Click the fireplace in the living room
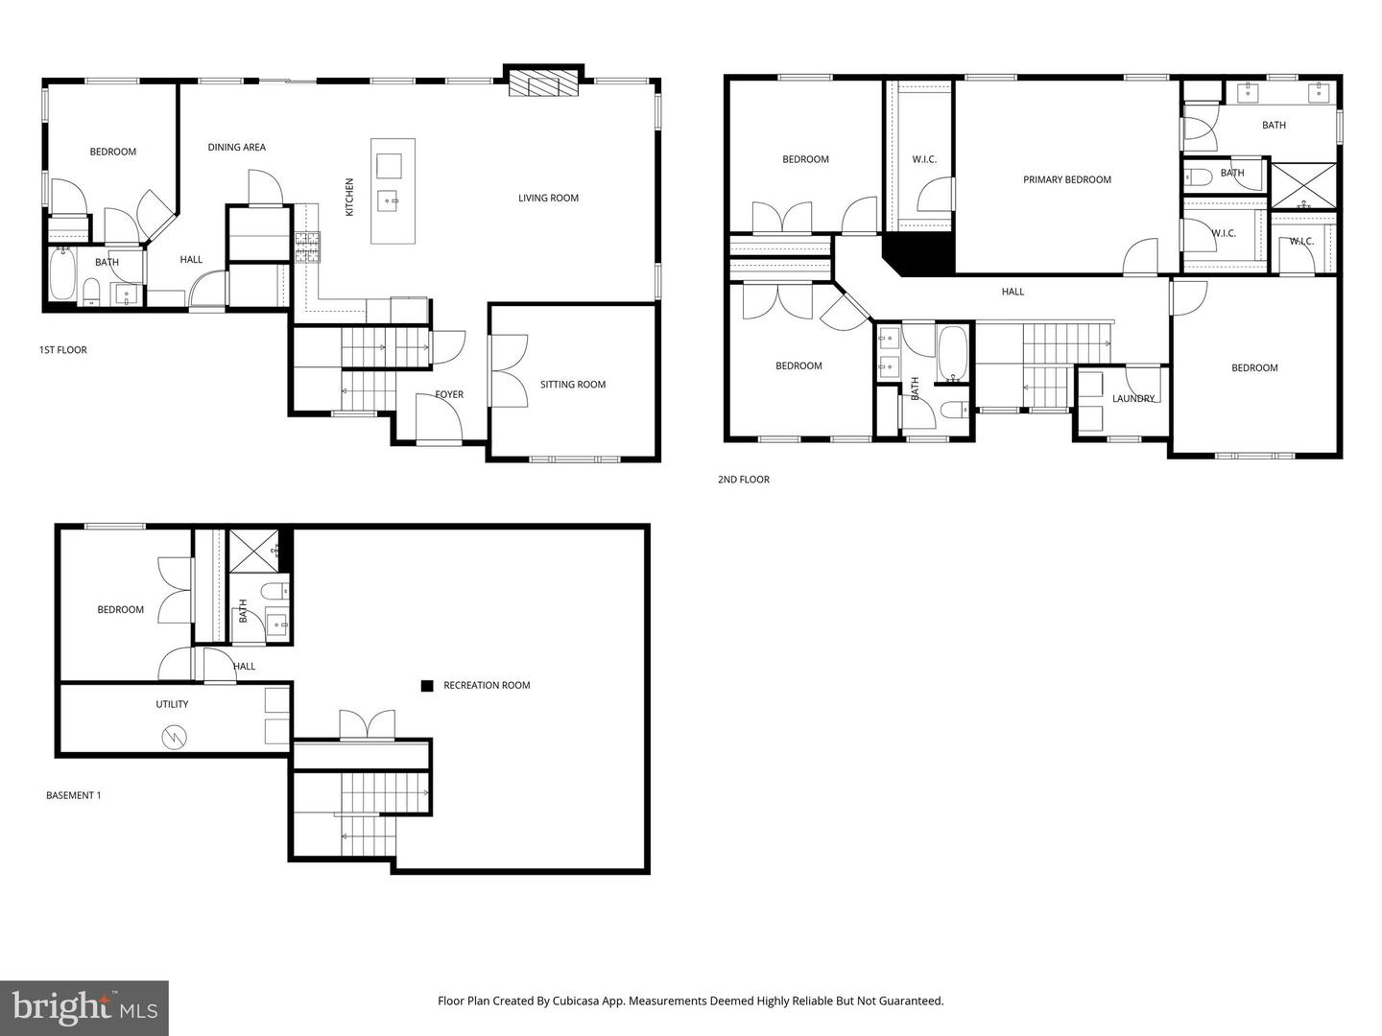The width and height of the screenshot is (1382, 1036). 544,82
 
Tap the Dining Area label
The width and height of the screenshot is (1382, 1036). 236,148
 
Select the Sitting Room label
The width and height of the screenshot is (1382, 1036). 573,385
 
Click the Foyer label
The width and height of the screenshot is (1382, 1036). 449,394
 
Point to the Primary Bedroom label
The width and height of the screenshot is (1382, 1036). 1066,179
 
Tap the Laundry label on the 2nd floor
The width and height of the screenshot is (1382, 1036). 1133,399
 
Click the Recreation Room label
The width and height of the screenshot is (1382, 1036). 487,686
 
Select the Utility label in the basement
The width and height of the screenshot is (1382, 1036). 172,704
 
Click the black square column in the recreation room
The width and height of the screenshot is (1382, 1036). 427,686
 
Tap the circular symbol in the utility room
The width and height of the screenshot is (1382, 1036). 175,737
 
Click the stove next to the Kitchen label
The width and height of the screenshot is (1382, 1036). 307,247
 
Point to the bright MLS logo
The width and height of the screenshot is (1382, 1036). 84,1008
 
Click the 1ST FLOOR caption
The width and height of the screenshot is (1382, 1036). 62,350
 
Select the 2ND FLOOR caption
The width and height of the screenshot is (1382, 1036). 743,480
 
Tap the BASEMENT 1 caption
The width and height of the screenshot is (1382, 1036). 73,795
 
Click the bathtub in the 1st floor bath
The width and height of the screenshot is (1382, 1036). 62,275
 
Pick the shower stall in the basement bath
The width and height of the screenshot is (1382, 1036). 253,551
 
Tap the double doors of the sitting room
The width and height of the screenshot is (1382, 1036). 504,370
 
